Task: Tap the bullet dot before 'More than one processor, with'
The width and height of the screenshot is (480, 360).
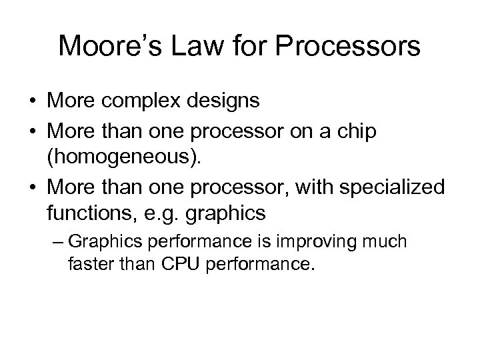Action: [31, 189]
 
